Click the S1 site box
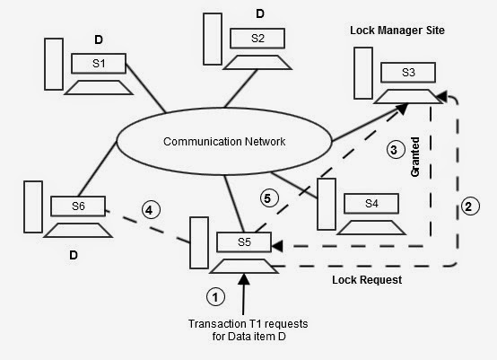point(99,64)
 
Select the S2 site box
point(257,39)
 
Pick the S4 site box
point(371,203)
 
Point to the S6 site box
point(79,206)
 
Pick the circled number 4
point(152,211)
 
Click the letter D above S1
point(100,40)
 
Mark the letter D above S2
point(260,13)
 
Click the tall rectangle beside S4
point(327,204)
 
